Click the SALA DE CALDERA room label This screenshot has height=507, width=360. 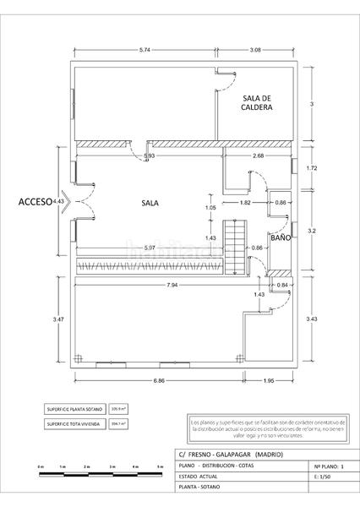(x=256, y=102)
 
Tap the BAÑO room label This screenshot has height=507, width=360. (x=281, y=239)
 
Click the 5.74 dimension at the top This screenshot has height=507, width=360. (x=146, y=52)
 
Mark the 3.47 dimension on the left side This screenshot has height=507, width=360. (x=58, y=319)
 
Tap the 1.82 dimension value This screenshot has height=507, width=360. (x=245, y=203)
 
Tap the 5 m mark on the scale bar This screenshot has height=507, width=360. (x=160, y=466)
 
